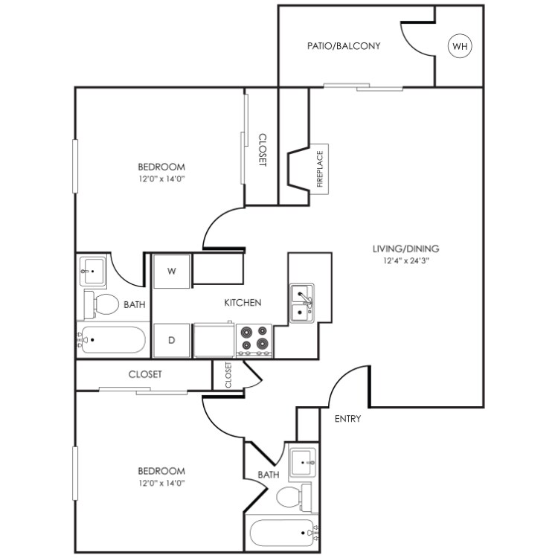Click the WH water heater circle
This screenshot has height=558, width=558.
click(461, 46)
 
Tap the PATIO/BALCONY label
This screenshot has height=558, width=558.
click(344, 46)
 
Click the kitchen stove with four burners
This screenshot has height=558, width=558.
click(254, 339)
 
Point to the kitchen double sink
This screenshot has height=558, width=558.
click(301, 303)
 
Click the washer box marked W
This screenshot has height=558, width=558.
click(172, 271)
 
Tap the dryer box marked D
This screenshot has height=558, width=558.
click(172, 340)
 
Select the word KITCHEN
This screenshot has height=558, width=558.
click(243, 303)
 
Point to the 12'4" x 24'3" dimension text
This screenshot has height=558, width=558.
click(407, 261)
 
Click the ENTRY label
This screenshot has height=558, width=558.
click(347, 419)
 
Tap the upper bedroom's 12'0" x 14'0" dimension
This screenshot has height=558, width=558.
click(161, 179)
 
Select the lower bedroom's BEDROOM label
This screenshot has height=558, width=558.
click(161, 471)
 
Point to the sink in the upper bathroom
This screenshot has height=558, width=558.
click(92, 272)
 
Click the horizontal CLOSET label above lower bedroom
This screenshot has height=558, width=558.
click(145, 374)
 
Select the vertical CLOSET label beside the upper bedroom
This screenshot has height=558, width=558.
click(262, 150)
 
